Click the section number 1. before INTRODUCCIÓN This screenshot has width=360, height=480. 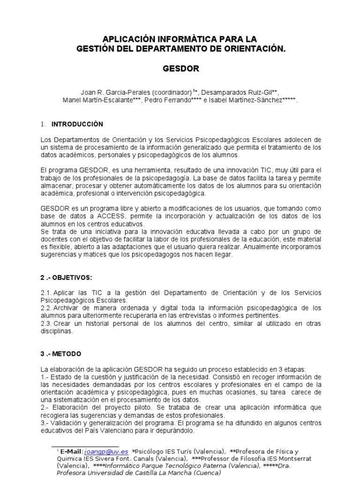[x=43, y=125]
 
